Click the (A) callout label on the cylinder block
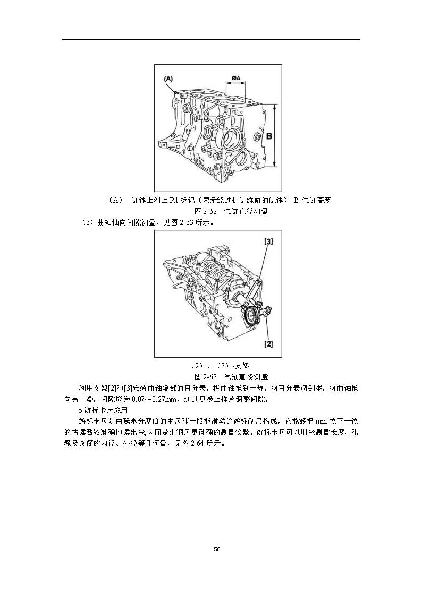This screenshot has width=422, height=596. coord(168,79)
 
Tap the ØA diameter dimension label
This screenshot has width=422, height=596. coord(235,78)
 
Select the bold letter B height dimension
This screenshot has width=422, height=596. coord(268,136)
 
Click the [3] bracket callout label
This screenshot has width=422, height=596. coord(268,241)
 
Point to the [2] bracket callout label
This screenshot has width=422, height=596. coord(268,344)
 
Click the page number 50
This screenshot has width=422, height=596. coord(217,549)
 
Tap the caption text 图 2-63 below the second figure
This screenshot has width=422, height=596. coord(205,377)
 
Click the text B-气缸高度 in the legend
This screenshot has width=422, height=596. coord(312,200)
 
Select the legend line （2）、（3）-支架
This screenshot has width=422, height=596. coord(219,366)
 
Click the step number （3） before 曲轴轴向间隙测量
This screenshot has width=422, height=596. coord(87,222)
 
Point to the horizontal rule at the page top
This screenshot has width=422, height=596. coord(211,39)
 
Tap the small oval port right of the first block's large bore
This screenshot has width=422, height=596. coord(256,136)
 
